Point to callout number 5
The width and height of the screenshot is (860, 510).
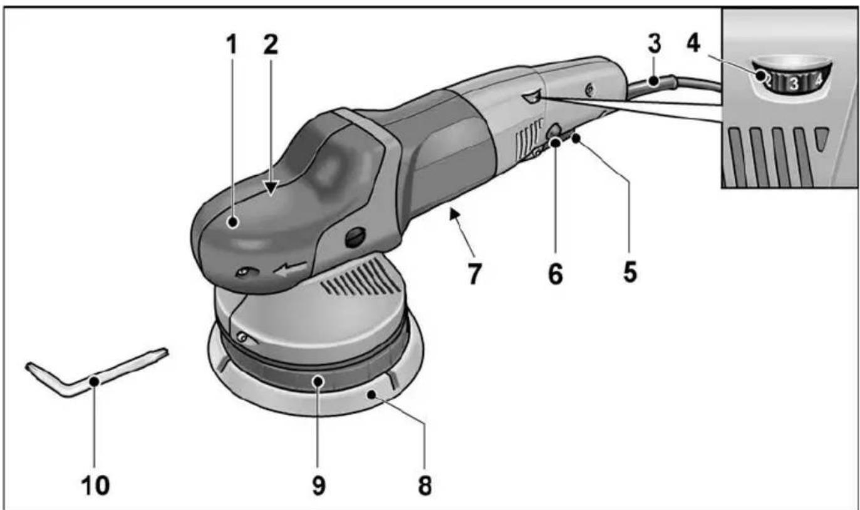(x=630, y=272)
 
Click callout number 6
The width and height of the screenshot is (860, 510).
(x=556, y=273)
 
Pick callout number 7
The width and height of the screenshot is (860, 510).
(x=474, y=274)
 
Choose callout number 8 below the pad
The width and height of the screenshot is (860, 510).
(x=425, y=486)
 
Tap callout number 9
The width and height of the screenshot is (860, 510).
(x=319, y=486)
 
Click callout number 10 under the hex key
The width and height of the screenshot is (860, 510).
(x=95, y=486)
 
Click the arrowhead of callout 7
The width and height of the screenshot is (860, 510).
(x=455, y=214)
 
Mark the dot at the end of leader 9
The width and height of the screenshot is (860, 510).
(x=318, y=381)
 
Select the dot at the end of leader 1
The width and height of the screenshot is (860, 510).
(x=232, y=222)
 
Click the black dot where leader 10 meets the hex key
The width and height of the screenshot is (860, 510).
(x=94, y=382)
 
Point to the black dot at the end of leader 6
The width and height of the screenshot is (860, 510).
(x=556, y=143)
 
